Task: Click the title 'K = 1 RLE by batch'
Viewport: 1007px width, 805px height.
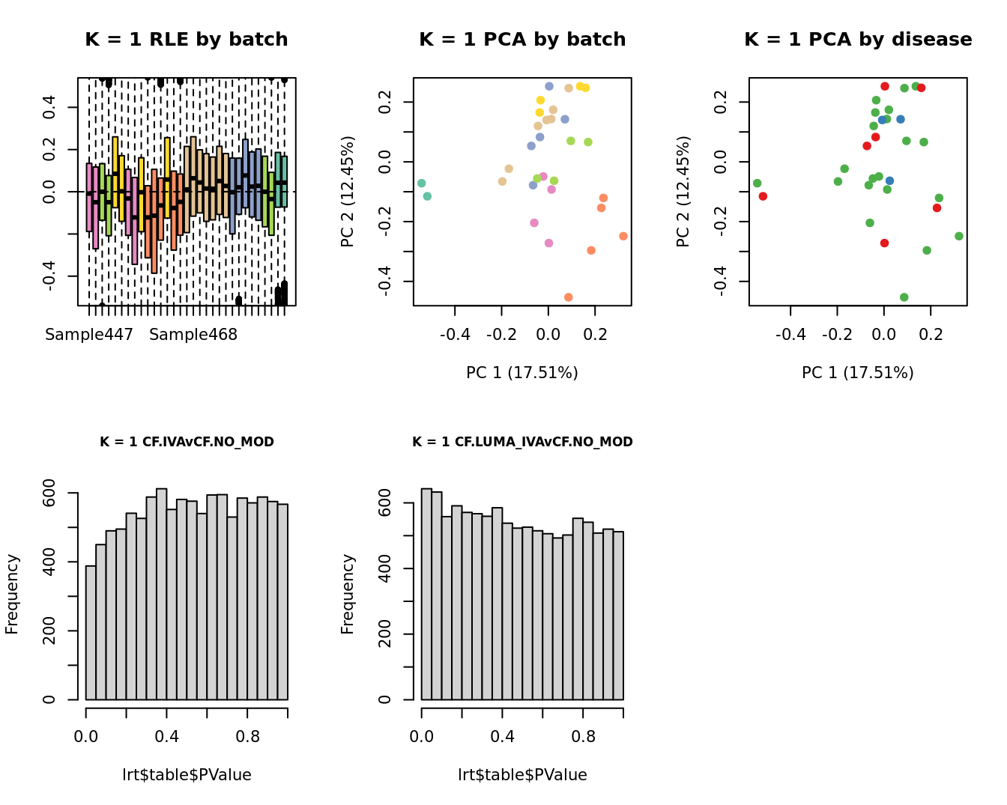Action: coord(186,40)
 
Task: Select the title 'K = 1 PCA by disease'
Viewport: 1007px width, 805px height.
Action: coord(858,40)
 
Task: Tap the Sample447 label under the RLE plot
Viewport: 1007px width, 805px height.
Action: coord(89,335)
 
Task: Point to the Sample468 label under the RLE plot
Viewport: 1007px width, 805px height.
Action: coord(193,335)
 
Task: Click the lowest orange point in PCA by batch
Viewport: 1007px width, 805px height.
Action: coord(569,297)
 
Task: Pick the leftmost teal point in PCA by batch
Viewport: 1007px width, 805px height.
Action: coord(422,183)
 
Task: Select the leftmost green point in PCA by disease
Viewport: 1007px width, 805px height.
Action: coord(757,183)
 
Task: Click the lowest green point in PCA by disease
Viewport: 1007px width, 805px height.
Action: coord(904,297)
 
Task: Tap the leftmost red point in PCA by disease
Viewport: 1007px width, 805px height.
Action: coord(763,196)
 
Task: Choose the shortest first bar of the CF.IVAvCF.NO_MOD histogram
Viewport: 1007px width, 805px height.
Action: coord(91,633)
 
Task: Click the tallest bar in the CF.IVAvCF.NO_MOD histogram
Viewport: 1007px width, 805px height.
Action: coord(161,594)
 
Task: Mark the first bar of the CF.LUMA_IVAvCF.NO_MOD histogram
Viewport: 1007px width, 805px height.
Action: coord(426,594)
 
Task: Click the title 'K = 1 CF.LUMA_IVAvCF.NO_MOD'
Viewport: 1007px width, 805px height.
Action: coord(522,442)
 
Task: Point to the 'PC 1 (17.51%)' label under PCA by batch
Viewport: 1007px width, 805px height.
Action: coord(522,372)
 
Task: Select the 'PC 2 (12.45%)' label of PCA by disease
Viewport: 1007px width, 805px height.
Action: coord(683,192)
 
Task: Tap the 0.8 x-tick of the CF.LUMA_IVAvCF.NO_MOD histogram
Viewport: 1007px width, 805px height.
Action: coord(583,737)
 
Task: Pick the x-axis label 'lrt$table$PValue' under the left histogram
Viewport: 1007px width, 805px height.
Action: coord(187,775)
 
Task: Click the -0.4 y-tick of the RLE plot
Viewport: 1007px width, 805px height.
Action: coord(49,276)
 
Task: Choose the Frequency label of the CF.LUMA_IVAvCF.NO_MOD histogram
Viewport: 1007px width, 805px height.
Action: coord(348,594)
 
